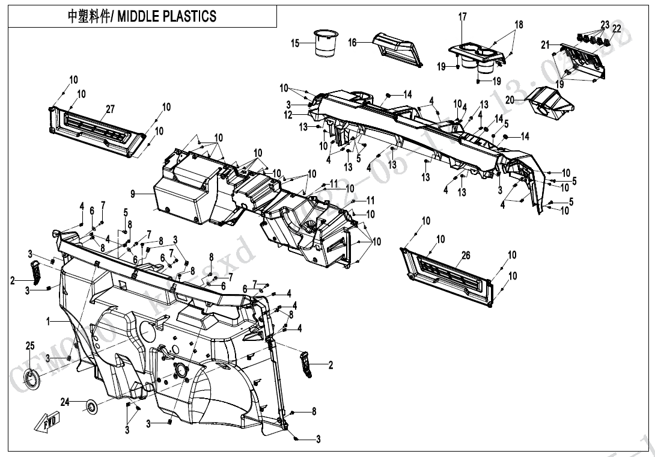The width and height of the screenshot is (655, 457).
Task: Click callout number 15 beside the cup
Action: tap(295, 43)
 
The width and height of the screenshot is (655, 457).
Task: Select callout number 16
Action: tap(353, 43)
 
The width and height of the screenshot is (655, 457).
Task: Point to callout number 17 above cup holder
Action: tap(463, 17)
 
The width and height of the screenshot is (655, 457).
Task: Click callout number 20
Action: tap(510, 99)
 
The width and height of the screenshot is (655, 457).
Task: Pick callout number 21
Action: tap(546, 45)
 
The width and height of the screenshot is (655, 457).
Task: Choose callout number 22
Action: tap(617, 28)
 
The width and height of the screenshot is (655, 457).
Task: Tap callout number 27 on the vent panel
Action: tap(110, 109)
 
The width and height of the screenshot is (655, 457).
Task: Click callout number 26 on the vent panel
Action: tap(465, 256)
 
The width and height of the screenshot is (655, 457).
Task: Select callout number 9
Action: tap(133, 194)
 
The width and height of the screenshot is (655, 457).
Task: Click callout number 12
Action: tap(288, 115)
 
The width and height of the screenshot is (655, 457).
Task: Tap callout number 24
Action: tap(65, 401)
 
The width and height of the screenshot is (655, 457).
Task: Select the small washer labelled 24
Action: tap(92, 407)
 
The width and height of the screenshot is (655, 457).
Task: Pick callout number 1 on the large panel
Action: tap(48, 322)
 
